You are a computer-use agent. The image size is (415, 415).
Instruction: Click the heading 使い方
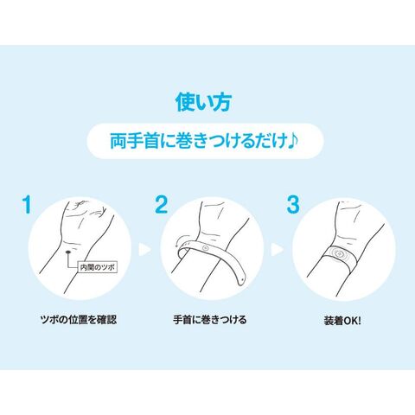tap(203, 102)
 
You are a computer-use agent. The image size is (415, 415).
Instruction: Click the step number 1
tap(28, 205)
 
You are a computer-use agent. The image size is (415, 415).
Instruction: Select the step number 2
tap(162, 205)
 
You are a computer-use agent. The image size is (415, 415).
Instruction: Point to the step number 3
tap(293, 205)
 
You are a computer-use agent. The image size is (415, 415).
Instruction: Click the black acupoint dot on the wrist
tap(68, 252)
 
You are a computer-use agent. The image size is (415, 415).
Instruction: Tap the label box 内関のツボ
tap(98, 267)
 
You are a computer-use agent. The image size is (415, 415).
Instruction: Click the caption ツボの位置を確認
tap(79, 320)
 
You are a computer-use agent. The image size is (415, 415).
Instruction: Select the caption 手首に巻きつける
tap(210, 320)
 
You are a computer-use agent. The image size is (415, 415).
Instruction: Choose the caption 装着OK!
tap(342, 321)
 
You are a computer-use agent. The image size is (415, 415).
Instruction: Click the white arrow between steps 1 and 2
tap(144, 250)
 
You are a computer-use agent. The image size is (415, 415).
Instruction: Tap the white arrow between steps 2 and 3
tap(277, 250)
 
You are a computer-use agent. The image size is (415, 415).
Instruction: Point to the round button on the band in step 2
tap(205, 247)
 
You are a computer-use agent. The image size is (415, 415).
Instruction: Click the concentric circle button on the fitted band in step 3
tap(340, 254)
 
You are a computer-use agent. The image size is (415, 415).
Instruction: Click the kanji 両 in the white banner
tap(118, 141)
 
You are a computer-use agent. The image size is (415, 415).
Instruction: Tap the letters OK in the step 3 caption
tap(349, 321)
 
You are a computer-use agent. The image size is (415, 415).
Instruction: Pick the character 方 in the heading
tap(222, 102)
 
